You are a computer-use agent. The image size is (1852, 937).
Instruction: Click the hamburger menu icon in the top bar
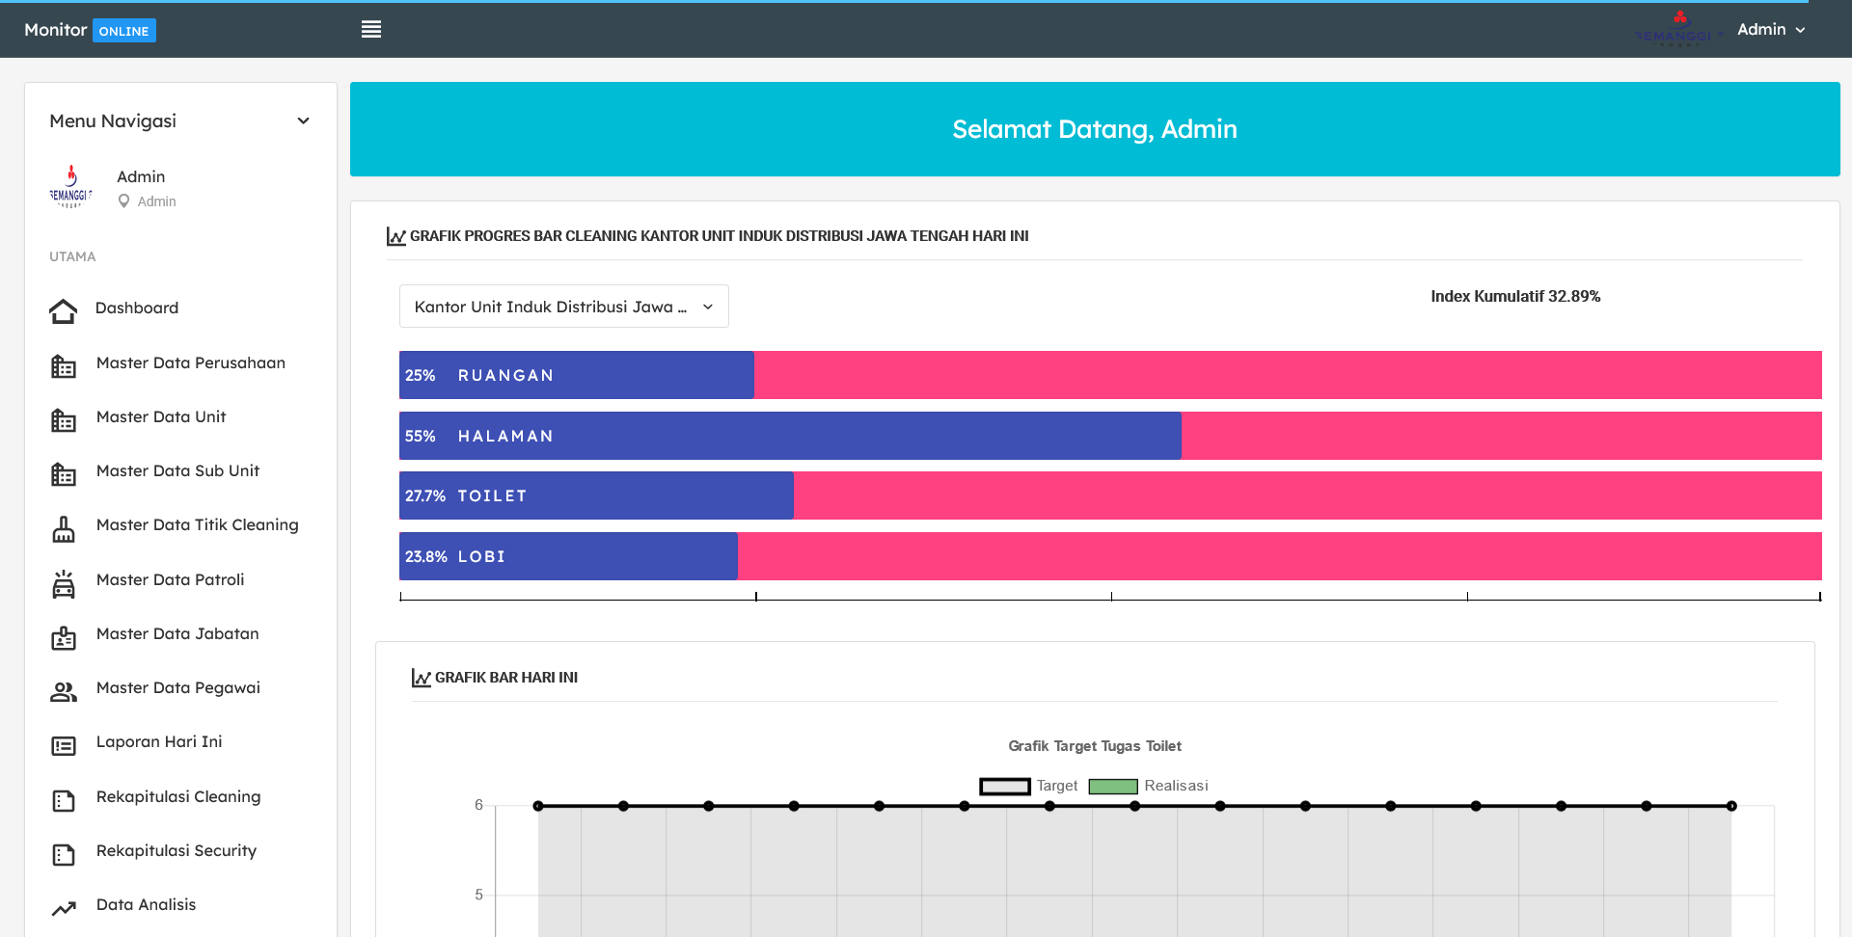pos(371,30)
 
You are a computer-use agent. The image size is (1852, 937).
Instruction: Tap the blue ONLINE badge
pos(123,31)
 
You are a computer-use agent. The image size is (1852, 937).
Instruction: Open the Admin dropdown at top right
pos(1771,30)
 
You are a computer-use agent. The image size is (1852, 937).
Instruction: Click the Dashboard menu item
pos(136,308)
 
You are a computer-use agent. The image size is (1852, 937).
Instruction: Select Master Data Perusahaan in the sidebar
pos(190,363)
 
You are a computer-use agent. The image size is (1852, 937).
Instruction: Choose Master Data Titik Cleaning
pos(197,525)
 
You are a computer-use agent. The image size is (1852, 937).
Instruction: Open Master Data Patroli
pos(170,580)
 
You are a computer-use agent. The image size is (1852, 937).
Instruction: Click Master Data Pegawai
pos(177,688)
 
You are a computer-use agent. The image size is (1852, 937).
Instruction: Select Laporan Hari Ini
pos(158,742)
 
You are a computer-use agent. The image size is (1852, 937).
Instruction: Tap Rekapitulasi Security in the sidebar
pos(176,851)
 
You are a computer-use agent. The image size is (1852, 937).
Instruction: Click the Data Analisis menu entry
pos(146,905)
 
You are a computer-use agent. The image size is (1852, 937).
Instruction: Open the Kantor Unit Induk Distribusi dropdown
pos(563,307)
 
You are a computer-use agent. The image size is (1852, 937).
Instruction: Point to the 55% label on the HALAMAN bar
pos(420,437)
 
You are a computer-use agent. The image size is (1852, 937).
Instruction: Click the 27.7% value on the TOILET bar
pos(424,496)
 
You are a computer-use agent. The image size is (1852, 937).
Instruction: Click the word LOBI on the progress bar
pos(481,557)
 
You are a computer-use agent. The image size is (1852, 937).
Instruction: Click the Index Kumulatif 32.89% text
pos(1514,297)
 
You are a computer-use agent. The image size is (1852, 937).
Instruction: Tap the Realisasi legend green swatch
pos(1113,787)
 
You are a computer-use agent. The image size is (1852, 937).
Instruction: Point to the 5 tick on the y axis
pos(478,896)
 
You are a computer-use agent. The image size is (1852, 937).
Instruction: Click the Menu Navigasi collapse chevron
pos(303,121)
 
